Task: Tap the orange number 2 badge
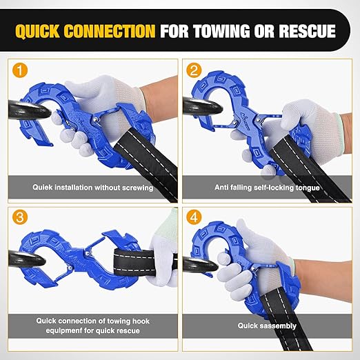point(194,70)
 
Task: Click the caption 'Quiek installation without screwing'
point(92,187)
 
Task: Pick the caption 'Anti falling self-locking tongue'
point(267,187)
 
